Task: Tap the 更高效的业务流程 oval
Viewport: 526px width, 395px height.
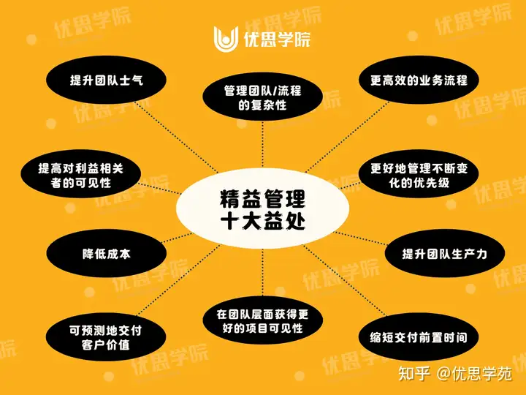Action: coord(419,79)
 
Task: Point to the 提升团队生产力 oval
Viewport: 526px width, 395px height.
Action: coord(444,253)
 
